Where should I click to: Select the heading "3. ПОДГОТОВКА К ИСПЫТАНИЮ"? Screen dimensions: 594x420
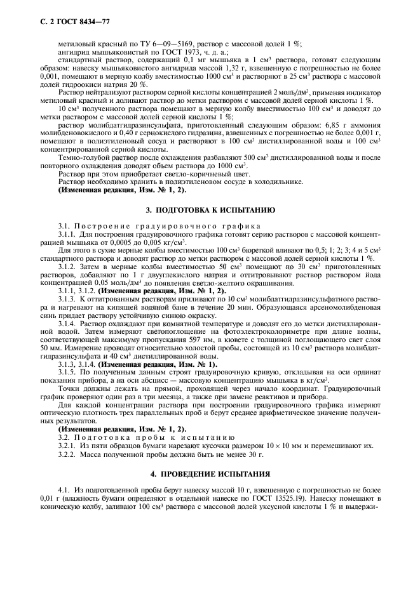pyautogui.click(x=210, y=209)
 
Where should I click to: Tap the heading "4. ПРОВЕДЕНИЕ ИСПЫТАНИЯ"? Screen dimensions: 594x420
pyautogui.click(x=210, y=474)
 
